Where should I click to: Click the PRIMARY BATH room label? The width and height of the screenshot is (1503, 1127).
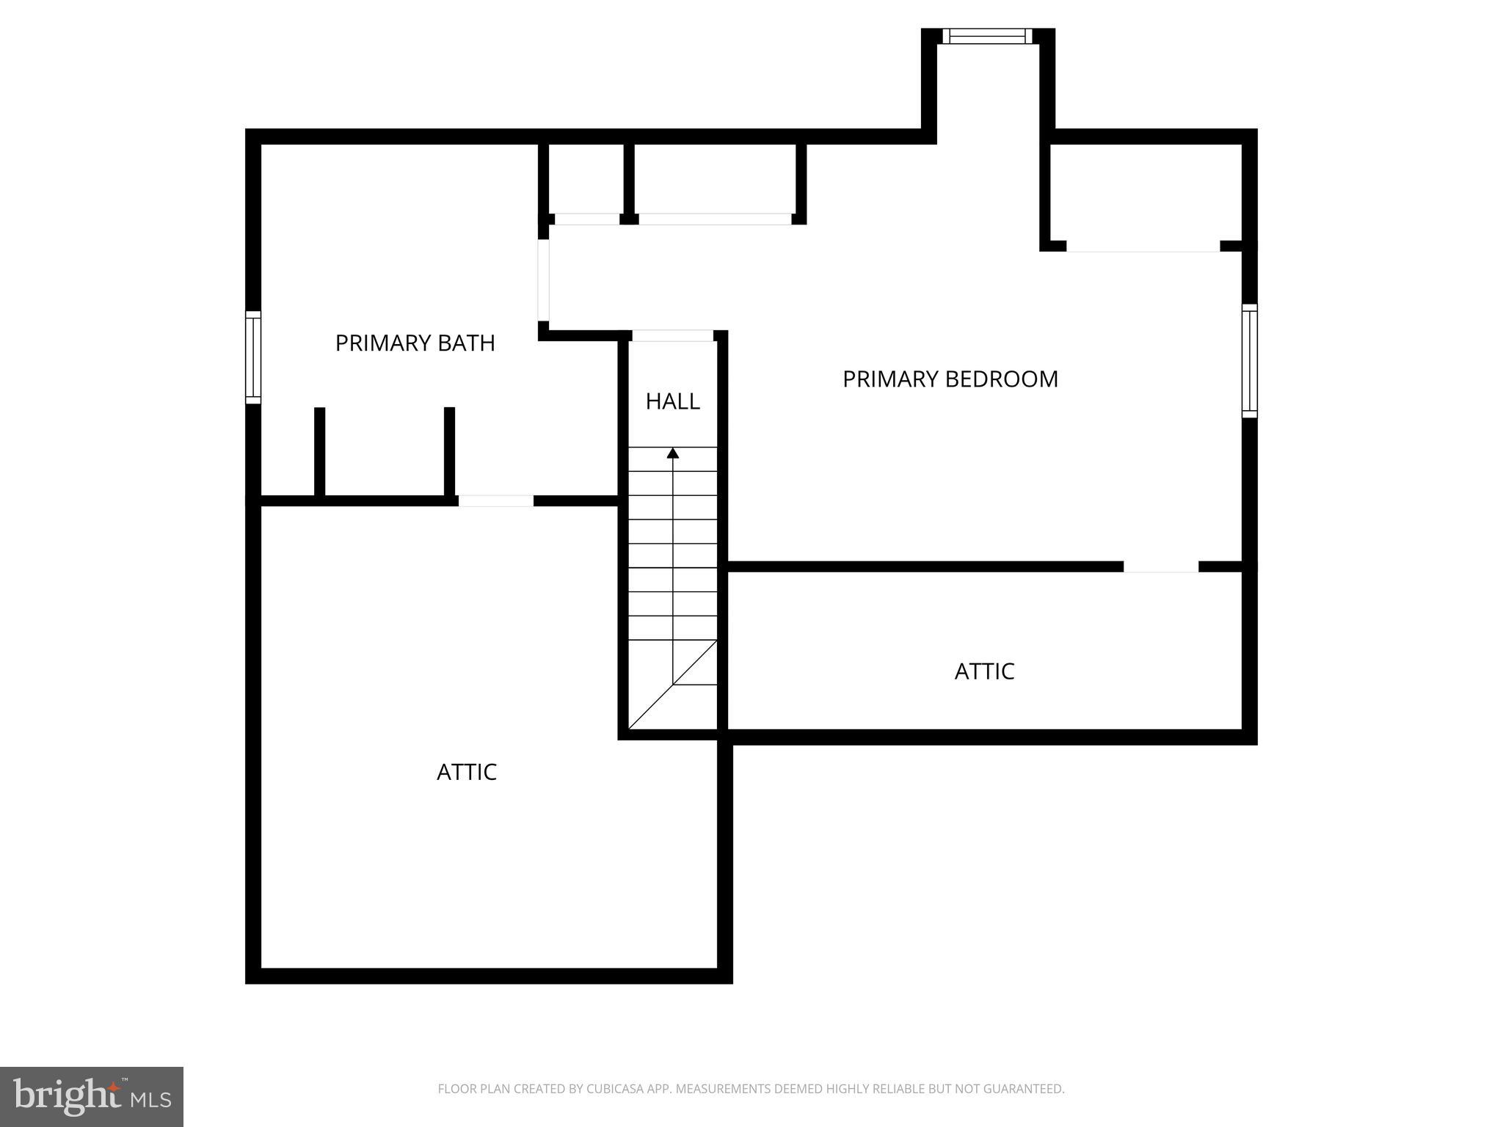pyautogui.click(x=415, y=343)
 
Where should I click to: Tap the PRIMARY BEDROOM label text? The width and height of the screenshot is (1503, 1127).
pyautogui.click(x=950, y=379)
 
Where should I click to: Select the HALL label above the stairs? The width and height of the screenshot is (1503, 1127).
pyautogui.click(x=672, y=401)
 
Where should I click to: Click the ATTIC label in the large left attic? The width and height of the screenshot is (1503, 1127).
pyautogui.click(x=467, y=772)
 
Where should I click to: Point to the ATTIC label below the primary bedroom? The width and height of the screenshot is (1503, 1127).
pyautogui.click(x=984, y=671)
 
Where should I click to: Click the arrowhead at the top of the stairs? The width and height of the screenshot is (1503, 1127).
pyautogui.click(x=673, y=453)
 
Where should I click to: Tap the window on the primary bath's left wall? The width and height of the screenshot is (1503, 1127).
pyautogui.click(x=252, y=357)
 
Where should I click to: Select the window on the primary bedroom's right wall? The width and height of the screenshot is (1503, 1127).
pyautogui.click(x=1249, y=361)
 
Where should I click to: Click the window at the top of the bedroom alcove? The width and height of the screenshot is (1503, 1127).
pyautogui.click(x=987, y=36)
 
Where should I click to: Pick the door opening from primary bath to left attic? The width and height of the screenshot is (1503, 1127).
pyautogui.click(x=496, y=501)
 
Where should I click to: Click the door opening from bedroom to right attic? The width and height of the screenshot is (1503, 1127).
pyautogui.click(x=1160, y=566)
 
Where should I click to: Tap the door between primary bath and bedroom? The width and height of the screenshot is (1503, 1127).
pyautogui.click(x=544, y=280)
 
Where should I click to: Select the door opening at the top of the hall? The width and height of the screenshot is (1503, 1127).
pyautogui.click(x=673, y=336)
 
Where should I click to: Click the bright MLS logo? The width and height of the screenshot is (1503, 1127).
pyautogui.click(x=92, y=1097)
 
